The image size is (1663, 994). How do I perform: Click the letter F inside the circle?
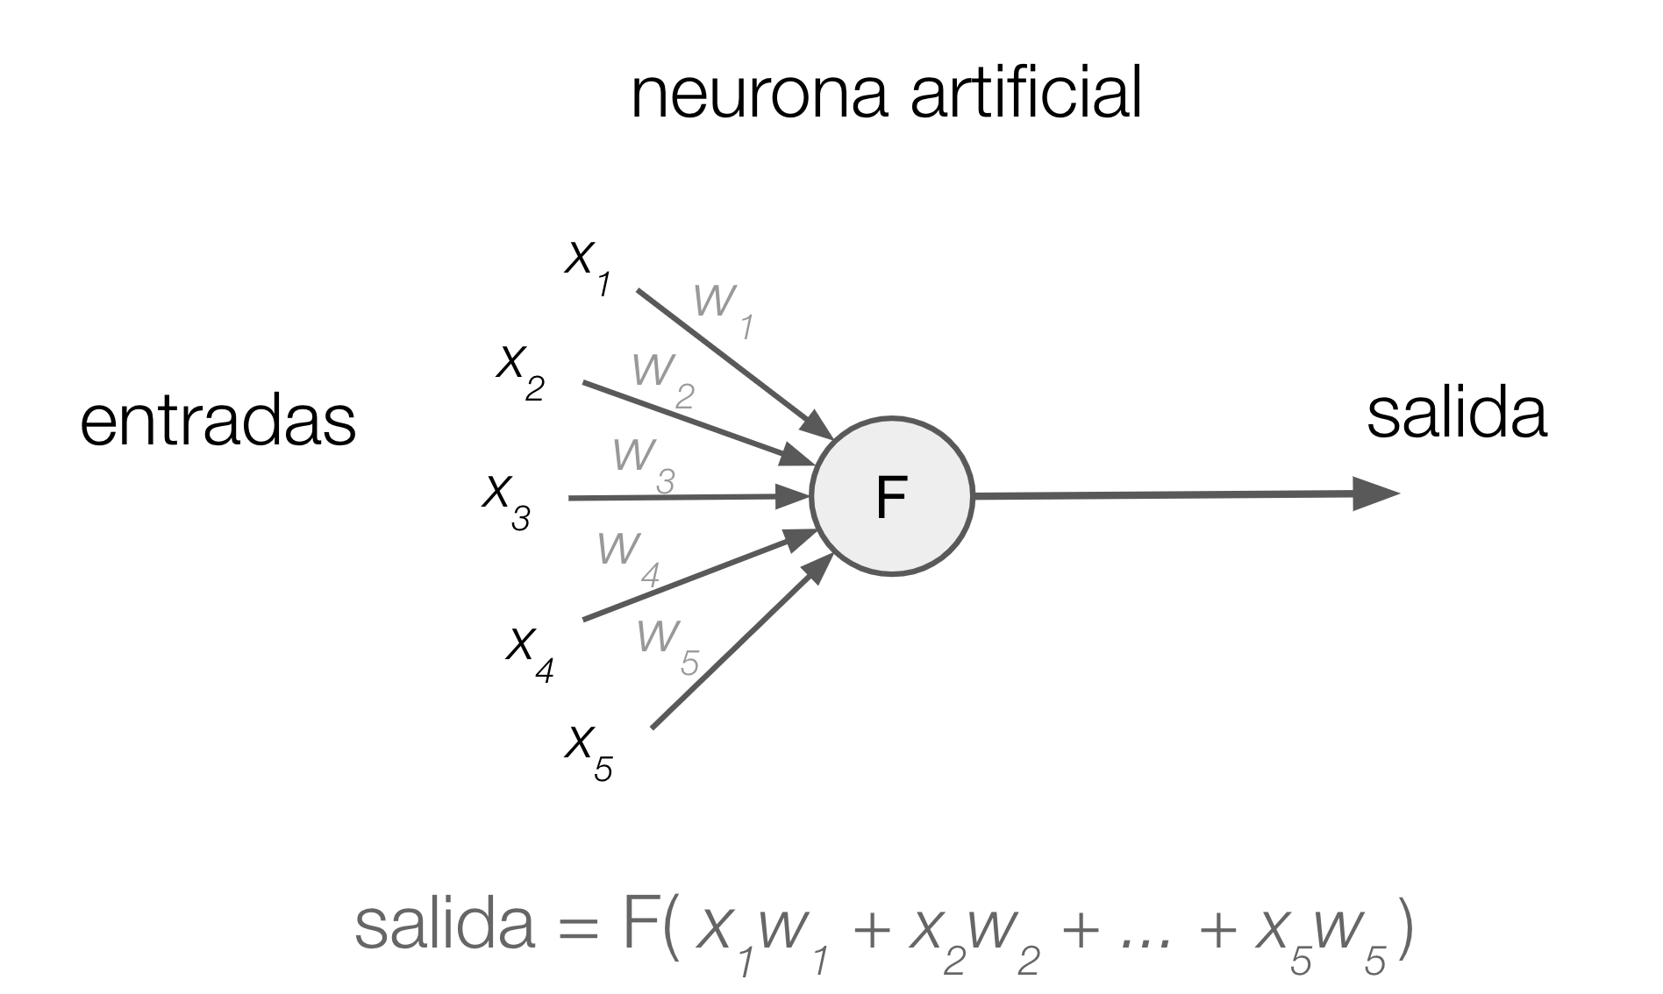891,498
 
